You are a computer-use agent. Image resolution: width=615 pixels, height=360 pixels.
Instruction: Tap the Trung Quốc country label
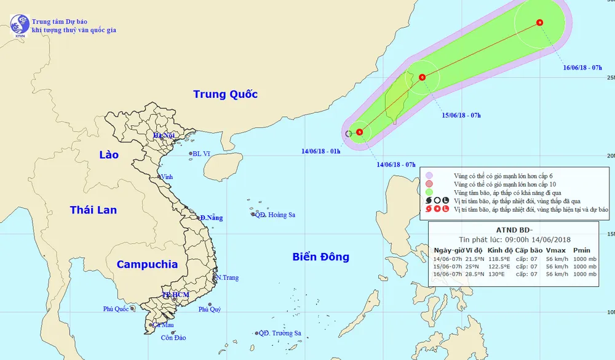coord(225,94)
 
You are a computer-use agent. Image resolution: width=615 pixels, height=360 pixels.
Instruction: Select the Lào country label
coord(109,154)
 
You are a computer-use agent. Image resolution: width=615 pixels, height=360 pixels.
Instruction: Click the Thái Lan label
coord(93,210)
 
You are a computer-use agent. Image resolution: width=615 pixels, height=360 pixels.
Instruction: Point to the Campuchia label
coord(147,265)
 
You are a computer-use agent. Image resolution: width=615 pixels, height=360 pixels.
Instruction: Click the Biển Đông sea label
coord(320,257)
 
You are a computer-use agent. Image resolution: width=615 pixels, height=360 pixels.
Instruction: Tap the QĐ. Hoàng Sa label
coord(275,215)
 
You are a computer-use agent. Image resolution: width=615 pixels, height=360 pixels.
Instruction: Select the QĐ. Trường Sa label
coord(280,334)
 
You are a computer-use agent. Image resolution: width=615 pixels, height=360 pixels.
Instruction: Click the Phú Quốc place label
coord(116,309)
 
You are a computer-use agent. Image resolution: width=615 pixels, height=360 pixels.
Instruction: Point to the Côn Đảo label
coord(173,337)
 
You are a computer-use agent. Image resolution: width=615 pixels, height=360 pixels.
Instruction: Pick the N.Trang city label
coord(227,278)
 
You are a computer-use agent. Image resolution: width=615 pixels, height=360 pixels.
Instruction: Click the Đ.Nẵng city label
coord(211,218)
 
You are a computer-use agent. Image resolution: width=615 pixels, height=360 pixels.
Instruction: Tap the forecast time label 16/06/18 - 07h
coord(582,67)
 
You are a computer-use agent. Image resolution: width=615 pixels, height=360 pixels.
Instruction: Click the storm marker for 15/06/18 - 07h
coord(422,78)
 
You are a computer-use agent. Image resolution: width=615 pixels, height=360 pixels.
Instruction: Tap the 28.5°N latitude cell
coord(473,274)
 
